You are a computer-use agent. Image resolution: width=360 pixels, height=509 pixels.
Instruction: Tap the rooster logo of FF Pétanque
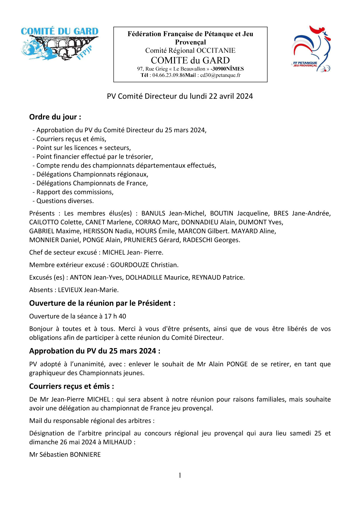311,49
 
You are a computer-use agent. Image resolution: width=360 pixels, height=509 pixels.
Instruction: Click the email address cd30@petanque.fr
220,75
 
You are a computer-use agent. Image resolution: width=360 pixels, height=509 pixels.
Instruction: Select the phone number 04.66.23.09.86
169,75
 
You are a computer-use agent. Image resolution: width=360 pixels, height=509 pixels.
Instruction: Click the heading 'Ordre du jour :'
55,117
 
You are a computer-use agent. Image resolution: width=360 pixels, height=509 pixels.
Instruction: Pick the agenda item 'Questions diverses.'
65,201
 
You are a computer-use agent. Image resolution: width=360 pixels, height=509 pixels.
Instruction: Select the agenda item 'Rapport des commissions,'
75,192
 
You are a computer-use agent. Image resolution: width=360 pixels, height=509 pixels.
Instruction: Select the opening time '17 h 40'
115,316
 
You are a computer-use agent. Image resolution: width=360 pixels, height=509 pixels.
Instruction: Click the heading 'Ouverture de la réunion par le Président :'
102,303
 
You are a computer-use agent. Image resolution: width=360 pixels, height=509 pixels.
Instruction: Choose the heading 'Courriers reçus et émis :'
71,386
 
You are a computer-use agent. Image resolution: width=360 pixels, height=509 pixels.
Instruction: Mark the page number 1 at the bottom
180,475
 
